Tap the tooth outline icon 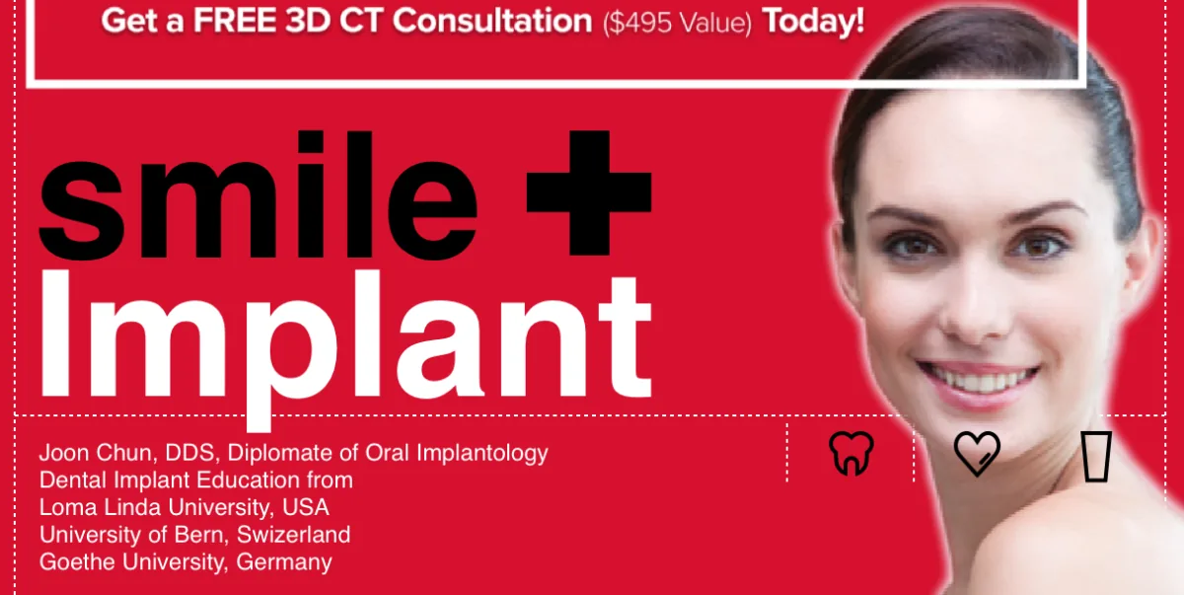pos(851,454)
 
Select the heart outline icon pos(977,454)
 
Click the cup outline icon pos(1096,456)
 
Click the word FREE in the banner pos(237,21)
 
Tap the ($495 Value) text pos(677,23)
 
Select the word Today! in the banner pos(814,22)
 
